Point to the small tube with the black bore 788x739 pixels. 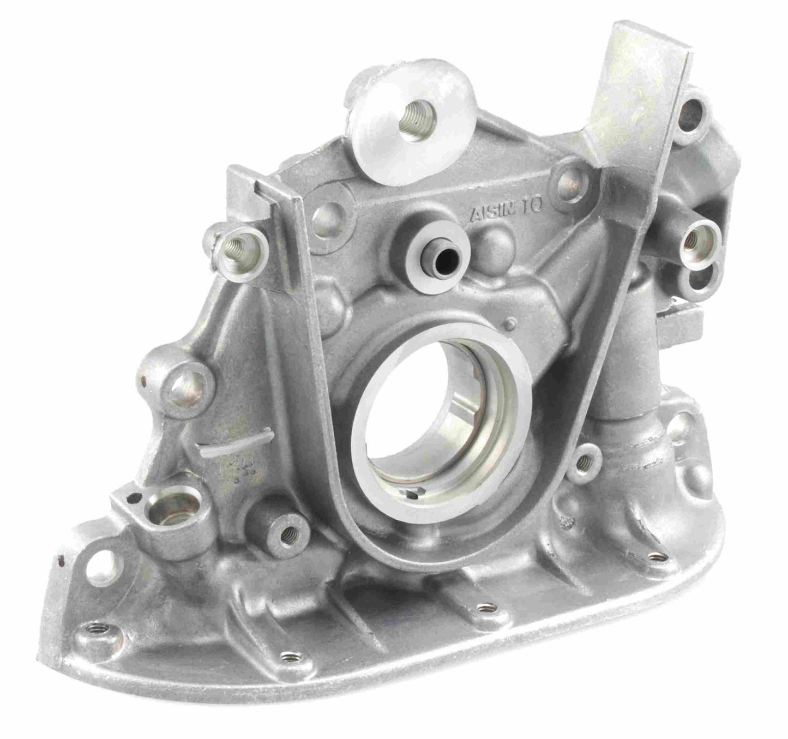437,249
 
